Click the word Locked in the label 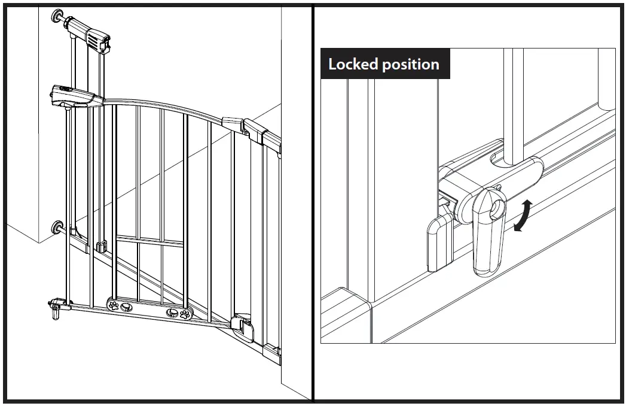tap(353, 64)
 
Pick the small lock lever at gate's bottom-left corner tap(55, 310)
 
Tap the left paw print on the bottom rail tap(113, 305)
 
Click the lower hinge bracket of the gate tap(243, 323)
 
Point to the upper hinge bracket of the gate tap(251, 128)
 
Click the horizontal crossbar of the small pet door tap(150, 241)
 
